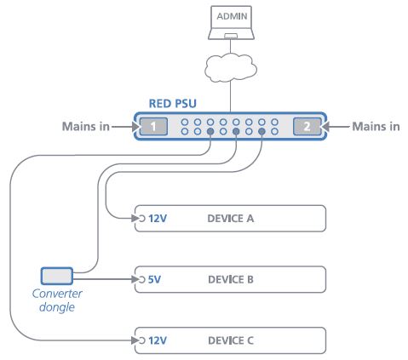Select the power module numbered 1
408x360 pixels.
(x=152, y=127)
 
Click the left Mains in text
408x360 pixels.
(x=85, y=127)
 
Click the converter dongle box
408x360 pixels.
(x=57, y=275)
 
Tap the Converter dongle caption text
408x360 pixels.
(x=57, y=302)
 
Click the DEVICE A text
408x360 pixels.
(x=231, y=219)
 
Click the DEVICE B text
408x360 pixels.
(x=231, y=279)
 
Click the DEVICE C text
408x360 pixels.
(x=231, y=340)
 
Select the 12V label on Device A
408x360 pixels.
(x=158, y=219)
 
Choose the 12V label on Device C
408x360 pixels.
(x=158, y=340)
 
